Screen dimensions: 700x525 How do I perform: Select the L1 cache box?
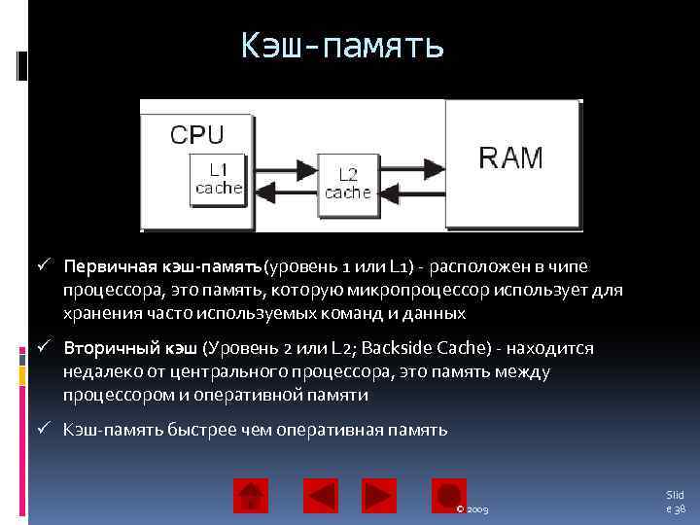(218, 180)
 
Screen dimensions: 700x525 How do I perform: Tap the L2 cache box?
(347, 184)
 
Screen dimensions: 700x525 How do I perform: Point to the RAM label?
(511, 157)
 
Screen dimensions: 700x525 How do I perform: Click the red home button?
(251, 496)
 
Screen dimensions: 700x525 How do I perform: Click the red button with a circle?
(448, 496)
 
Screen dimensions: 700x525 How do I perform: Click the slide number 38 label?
(675, 502)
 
